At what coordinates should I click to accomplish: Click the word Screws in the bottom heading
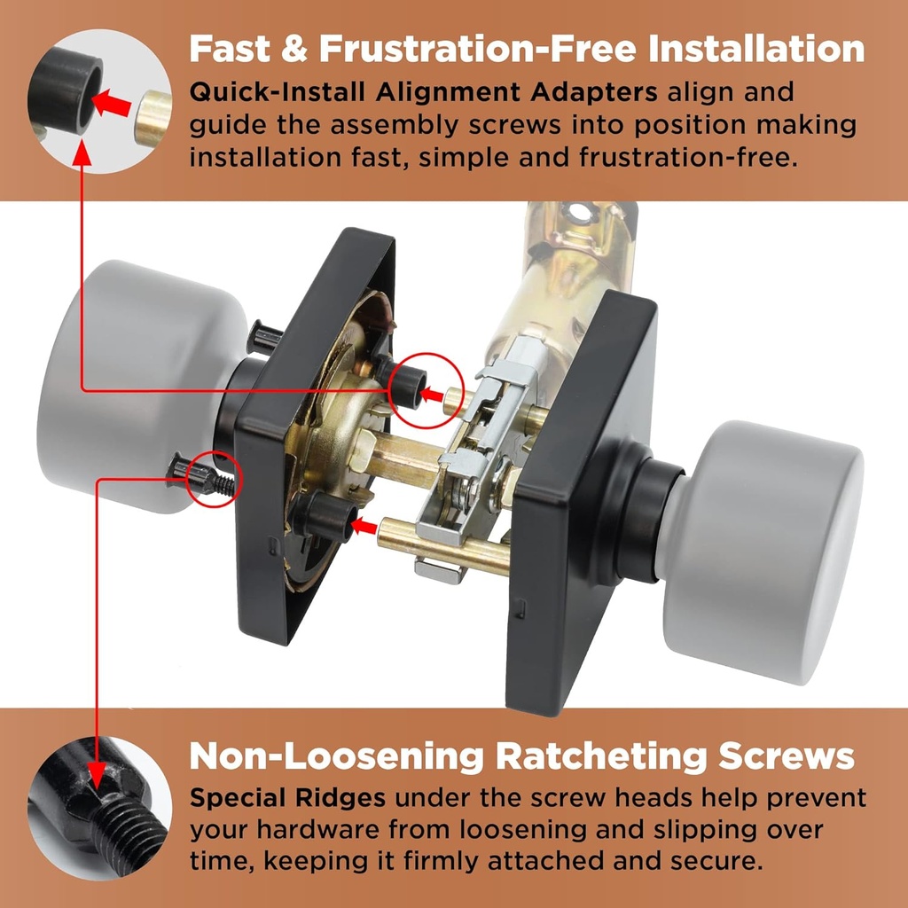tap(786, 756)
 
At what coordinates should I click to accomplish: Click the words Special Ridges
tap(287, 799)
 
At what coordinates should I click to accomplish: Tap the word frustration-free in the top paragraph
tap(687, 157)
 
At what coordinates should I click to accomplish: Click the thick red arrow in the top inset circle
tap(112, 104)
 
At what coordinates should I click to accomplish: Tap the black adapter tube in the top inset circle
tap(65, 90)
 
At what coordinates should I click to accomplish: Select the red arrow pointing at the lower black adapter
tap(364, 527)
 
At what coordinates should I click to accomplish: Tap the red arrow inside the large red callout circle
tap(432, 395)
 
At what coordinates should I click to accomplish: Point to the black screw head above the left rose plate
tap(264, 337)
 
